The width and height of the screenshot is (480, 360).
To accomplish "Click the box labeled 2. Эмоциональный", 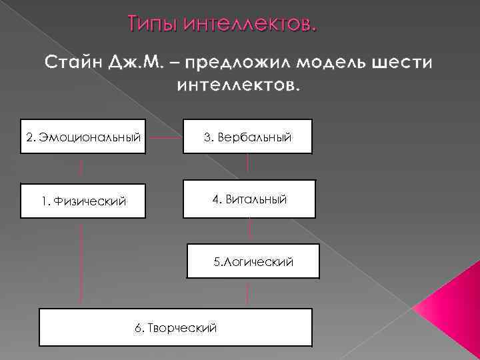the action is pos(83,137).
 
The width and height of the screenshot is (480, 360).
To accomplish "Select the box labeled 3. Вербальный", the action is pos(247,137).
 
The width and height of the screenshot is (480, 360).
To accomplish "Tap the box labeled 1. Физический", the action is pos(83,200).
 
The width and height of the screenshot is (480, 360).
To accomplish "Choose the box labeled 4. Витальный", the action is pos(249,199).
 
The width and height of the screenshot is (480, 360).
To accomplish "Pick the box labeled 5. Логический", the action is pos(253,261).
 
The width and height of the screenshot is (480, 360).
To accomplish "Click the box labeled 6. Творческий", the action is pos(175,327).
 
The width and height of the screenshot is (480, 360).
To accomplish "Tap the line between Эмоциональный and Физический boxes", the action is pos(81,168).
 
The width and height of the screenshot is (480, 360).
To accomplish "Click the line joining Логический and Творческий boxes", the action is pos(248,293).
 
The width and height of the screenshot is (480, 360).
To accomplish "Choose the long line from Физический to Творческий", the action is pos(81,263).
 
